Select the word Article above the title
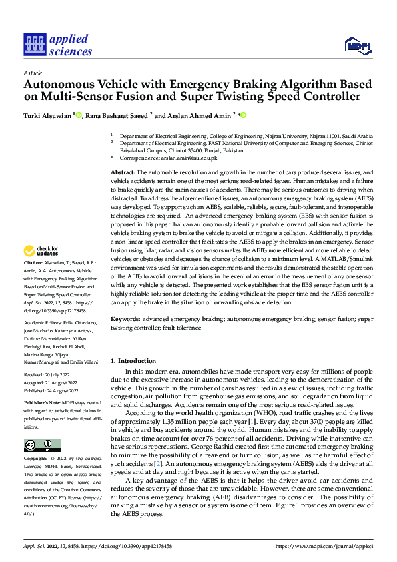[33, 73]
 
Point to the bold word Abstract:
[122, 172]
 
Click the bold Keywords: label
[126, 320]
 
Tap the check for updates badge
[42, 251]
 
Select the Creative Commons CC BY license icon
[42, 445]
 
